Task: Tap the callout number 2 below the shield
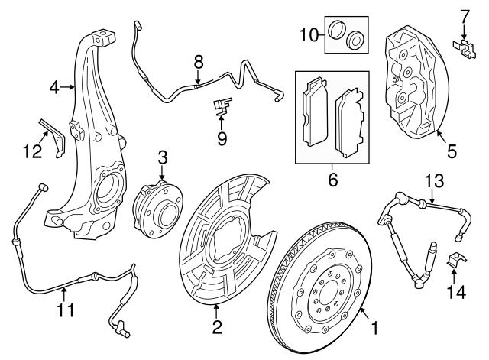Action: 218,327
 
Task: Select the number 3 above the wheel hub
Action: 162,158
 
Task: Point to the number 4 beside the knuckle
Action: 54,88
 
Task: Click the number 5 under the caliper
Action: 451,151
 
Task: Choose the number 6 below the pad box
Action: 332,182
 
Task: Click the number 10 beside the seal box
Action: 308,34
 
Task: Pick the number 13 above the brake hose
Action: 433,180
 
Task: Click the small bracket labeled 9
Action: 222,106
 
